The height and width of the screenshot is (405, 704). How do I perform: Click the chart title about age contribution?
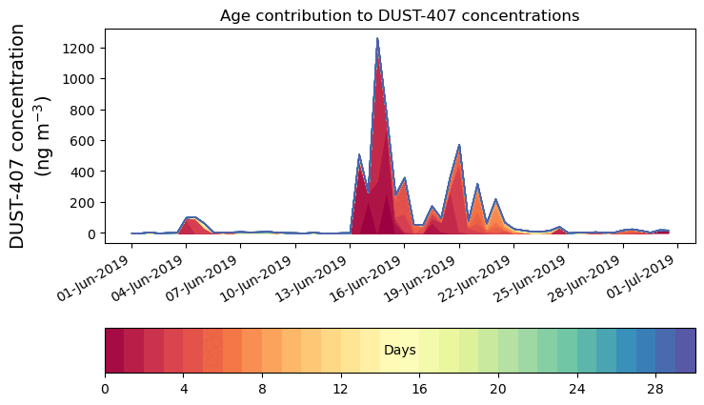399,15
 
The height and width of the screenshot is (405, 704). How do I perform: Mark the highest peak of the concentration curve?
377,39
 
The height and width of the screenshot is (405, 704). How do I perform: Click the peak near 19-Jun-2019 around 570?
459,146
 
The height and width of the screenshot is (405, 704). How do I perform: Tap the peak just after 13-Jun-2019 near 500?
359,155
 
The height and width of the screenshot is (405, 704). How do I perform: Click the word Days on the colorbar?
399,351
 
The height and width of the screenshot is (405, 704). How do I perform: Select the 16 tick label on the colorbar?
419,389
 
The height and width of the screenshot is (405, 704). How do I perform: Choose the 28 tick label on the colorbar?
655,389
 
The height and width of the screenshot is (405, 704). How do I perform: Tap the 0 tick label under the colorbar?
105,389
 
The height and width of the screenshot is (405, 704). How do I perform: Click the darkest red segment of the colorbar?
114,351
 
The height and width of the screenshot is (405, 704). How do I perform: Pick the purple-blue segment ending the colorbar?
685,351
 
